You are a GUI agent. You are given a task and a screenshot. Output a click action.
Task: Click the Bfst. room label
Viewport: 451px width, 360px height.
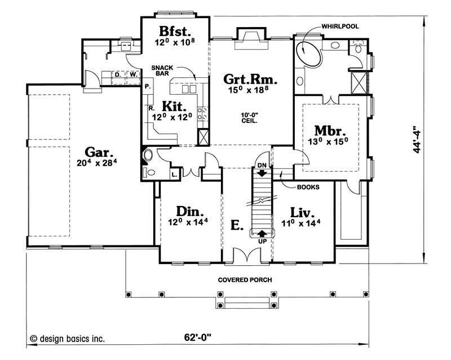pos(175,30)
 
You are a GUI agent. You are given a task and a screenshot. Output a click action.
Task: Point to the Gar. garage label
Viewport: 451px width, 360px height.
pos(99,152)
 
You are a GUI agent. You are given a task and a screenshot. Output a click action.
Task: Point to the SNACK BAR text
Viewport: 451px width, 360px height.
pos(161,71)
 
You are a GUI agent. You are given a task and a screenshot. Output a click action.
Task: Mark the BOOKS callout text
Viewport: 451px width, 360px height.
pos(306,186)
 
